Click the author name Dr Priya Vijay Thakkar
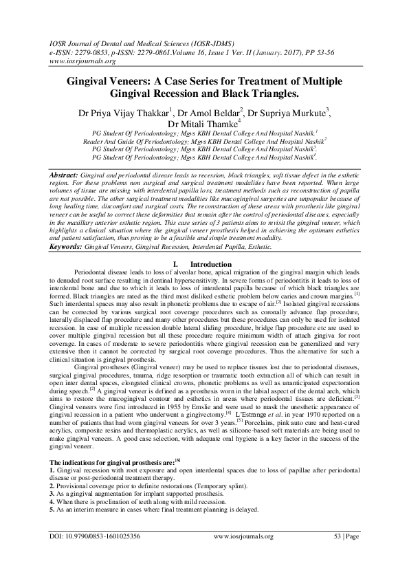pyautogui.click(x=119, y=111)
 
